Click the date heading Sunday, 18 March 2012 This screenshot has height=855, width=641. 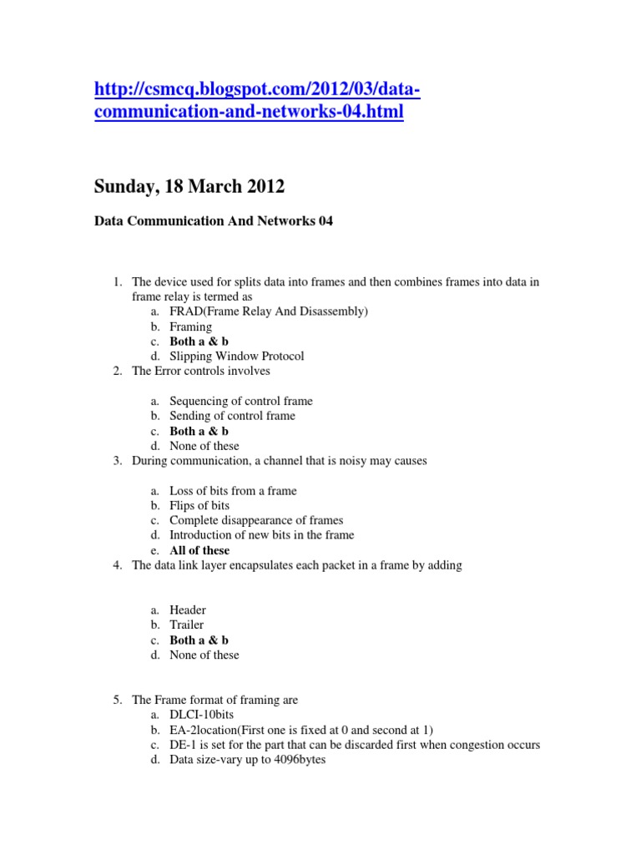(189, 187)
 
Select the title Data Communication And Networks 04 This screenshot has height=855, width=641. (214, 222)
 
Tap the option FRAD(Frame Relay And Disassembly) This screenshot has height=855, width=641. (269, 311)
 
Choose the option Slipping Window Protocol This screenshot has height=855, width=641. (236, 357)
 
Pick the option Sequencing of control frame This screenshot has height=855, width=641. (241, 401)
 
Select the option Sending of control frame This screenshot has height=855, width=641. (232, 416)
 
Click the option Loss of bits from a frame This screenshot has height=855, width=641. (233, 491)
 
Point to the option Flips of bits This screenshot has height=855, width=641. (199, 506)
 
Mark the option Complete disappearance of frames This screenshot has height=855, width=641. (256, 520)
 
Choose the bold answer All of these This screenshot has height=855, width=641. (199, 551)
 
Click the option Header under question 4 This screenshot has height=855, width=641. (188, 610)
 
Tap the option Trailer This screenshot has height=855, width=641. (186, 625)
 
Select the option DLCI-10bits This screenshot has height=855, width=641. (201, 716)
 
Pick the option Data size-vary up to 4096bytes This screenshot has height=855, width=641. (247, 761)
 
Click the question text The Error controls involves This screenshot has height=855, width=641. (201, 371)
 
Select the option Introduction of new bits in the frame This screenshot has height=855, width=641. (261, 535)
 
